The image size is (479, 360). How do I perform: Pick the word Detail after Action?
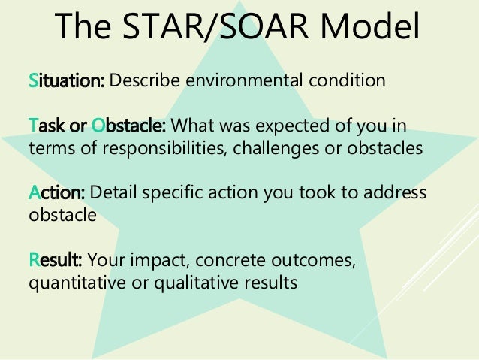pos(111,193)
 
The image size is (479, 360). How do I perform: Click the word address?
pos(396,193)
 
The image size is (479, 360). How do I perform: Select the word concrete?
pos(216,262)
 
